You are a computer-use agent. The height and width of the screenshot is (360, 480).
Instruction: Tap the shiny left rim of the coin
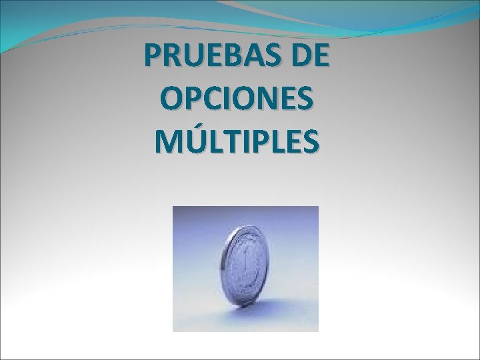tap(230, 267)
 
